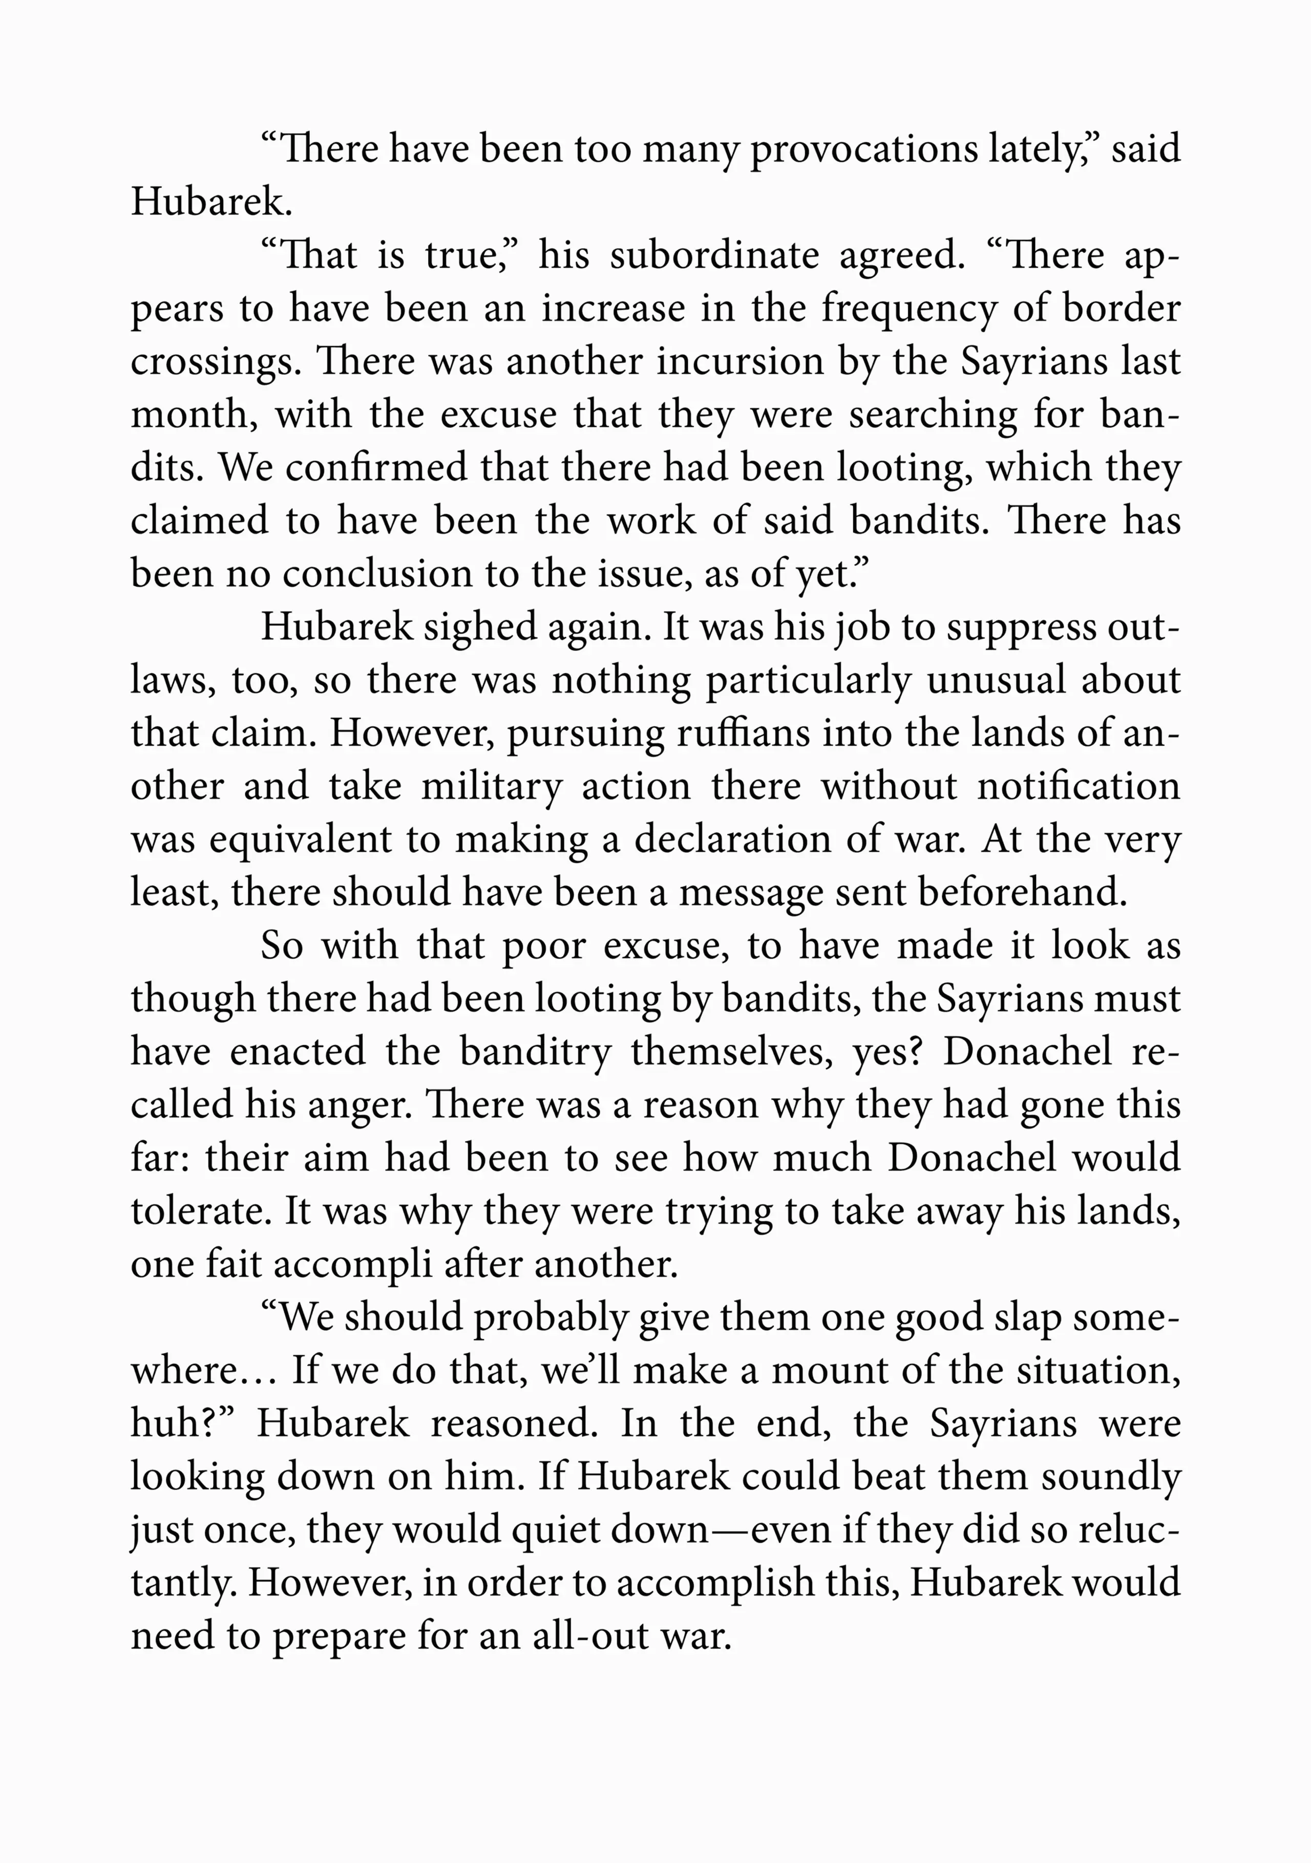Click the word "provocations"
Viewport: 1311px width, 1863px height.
click(864, 151)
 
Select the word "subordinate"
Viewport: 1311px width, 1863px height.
click(714, 256)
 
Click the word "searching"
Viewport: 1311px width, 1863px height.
click(933, 416)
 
